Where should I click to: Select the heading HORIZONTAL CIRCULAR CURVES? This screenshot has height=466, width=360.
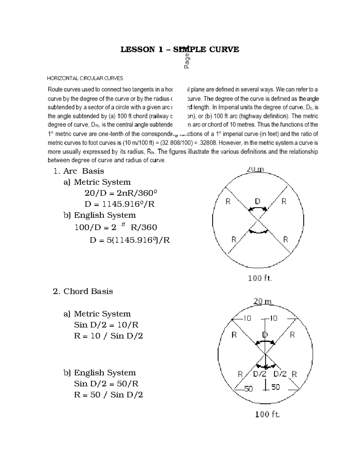click(85, 78)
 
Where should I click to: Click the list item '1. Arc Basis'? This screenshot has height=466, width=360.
click(79, 171)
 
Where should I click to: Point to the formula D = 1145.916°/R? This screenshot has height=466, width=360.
click(120, 204)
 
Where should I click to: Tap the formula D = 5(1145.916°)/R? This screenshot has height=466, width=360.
click(130, 240)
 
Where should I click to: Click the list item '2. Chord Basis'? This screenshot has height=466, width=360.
click(83, 291)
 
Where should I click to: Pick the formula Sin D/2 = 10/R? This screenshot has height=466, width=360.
click(106, 325)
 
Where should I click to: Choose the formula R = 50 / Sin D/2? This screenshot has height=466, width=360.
click(109, 395)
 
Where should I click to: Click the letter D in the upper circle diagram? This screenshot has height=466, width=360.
click(257, 201)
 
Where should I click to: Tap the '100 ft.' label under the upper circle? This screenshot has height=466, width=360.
click(260, 278)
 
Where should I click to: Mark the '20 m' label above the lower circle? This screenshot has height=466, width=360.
click(262, 301)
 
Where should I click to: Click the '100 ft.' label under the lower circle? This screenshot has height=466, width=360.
click(267, 414)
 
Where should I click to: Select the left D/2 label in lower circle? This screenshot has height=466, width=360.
click(259, 374)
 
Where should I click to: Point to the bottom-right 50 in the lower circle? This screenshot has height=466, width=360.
click(275, 387)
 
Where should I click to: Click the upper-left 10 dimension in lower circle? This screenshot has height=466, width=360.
click(247, 318)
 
